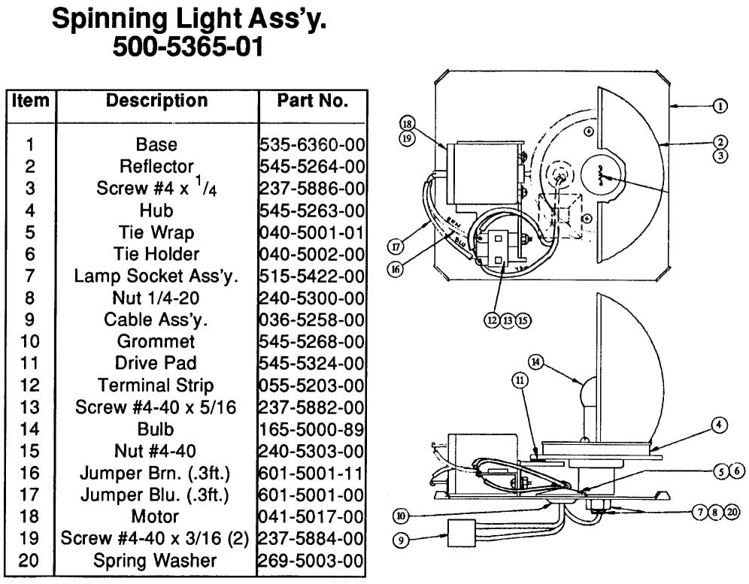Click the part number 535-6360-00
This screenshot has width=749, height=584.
click(x=312, y=144)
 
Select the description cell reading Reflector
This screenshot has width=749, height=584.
click(x=156, y=166)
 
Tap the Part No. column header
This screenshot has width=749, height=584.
click(x=312, y=101)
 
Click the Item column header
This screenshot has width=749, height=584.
click(x=30, y=101)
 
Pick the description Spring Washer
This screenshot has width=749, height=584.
click(x=156, y=561)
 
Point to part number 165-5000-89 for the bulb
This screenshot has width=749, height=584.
click(x=312, y=429)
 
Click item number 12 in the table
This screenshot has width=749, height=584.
click(x=30, y=386)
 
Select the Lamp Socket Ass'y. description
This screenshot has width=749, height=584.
click(x=156, y=276)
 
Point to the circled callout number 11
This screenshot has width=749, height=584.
click(x=520, y=380)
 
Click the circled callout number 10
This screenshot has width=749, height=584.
click(x=401, y=516)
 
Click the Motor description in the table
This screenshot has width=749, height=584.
click(x=156, y=516)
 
